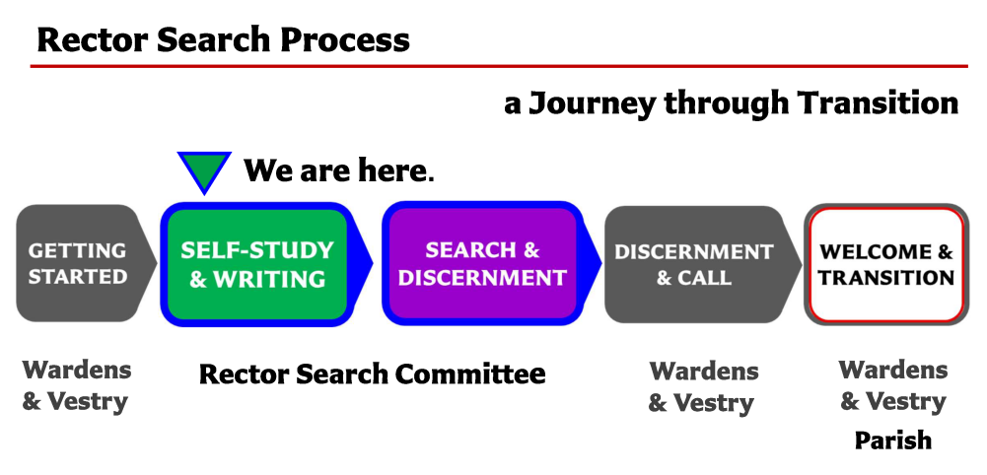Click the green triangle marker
pyautogui.click(x=204, y=169)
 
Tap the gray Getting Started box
pyautogui.click(x=86, y=263)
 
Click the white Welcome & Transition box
pyautogui.click(x=886, y=264)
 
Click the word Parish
pyautogui.click(x=892, y=441)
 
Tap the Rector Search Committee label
pyautogui.click(x=372, y=373)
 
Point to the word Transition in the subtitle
pyautogui.click(x=878, y=102)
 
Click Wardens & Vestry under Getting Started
pyautogui.click(x=76, y=385)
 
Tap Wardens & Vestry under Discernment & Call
pyautogui.click(x=702, y=387)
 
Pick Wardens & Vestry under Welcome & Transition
pyautogui.click(x=893, y=385)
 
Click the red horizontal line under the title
pyautogui.click(x=499, y=65)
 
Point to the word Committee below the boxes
pyautogui.click(x=470, y=373)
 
